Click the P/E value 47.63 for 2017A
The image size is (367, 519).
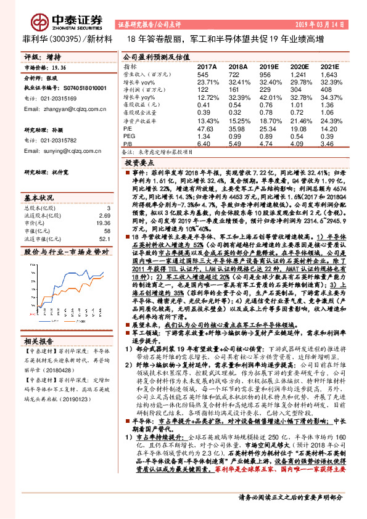coord(205,129)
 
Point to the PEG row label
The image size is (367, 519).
coord(129,136)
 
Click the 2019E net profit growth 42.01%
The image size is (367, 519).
coord(269,97)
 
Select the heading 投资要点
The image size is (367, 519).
coord(138,163)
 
